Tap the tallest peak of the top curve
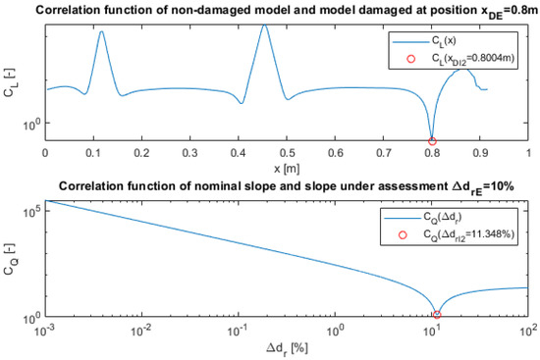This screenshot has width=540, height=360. (264, 25)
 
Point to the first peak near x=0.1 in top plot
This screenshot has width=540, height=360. (101, 31)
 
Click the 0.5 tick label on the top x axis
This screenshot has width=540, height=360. (287, 154)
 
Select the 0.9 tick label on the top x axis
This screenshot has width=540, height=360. (480, 154)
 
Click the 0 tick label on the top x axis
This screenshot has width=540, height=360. (44, 154)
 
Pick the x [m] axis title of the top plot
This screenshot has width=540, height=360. (287, 169)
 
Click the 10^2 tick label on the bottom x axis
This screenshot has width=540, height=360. (526, 334)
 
